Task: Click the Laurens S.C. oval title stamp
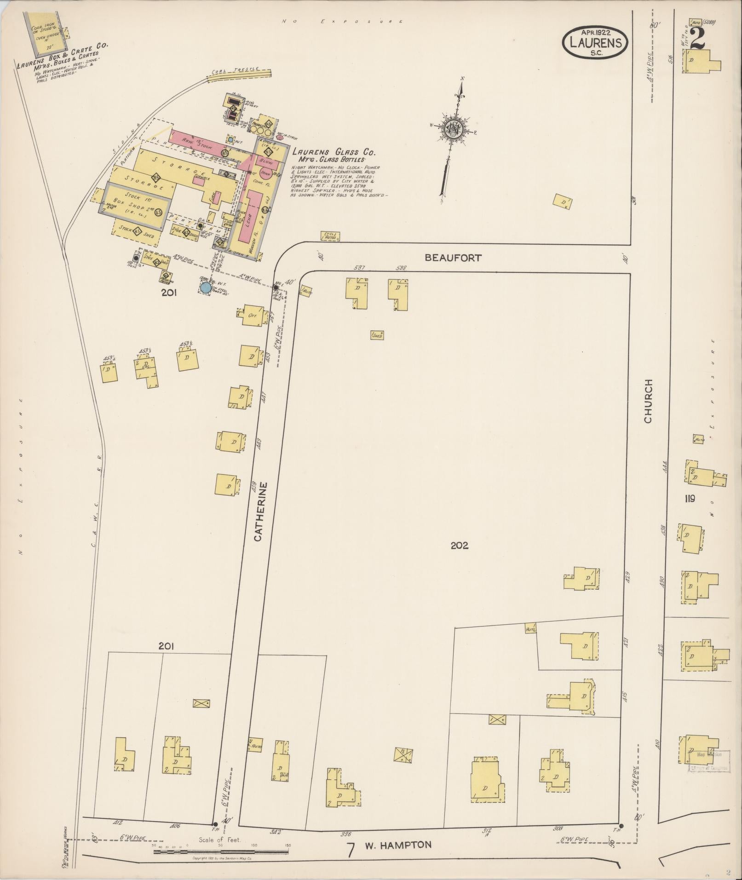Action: click(x=594, y=42)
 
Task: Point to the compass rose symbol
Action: click(x=452, y=128)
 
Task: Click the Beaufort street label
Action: click(x=453, y=258)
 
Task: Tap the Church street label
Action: click(x=648, y=401)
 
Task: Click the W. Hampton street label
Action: click(x=398, y=845)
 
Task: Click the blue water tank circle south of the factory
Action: click(x=206, y=288)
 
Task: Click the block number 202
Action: click(x=459, y=546)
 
